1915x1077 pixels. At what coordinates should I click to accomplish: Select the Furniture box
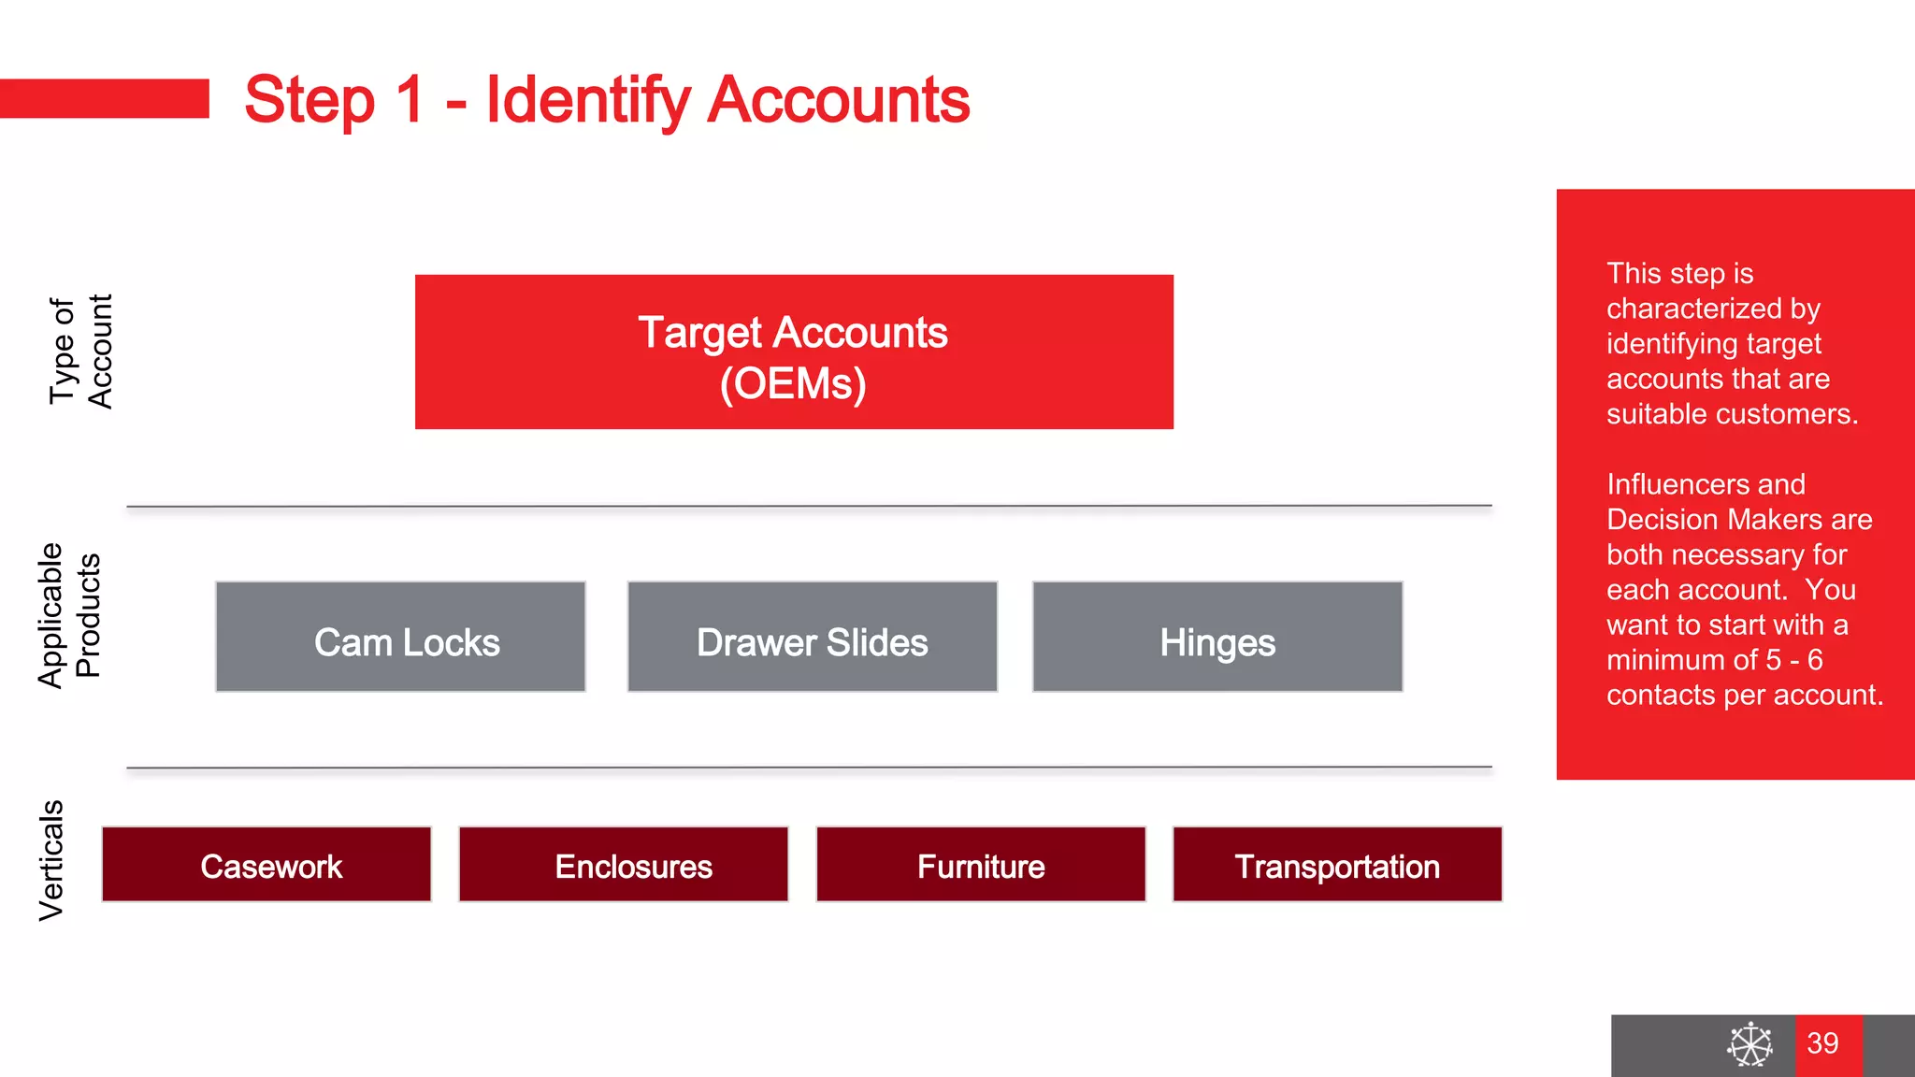point(981,865)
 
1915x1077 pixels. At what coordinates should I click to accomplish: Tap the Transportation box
point(1337,865)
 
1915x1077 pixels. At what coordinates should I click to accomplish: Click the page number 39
point(1822,1043)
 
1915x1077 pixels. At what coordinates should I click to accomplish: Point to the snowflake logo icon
point(1749,1044)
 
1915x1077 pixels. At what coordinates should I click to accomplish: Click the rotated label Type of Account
point(80,352)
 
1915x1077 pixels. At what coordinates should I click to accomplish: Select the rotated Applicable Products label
point(68,615)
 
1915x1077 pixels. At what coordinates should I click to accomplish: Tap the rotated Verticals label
point(51,860)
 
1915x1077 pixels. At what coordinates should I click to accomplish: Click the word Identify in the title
point(587,101)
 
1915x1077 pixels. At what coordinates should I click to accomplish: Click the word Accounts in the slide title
point(838,101)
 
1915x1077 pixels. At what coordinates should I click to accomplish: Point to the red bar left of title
point(104,99)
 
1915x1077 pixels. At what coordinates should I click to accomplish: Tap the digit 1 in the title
point(410,101)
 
